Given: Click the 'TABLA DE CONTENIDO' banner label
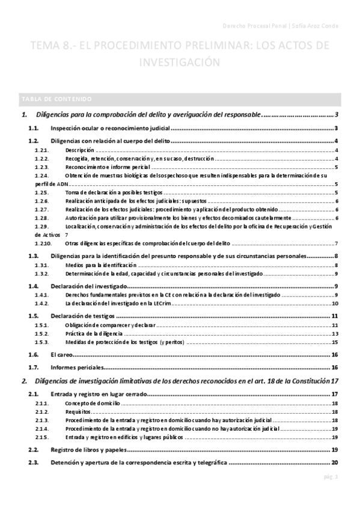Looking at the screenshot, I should coord(56,99).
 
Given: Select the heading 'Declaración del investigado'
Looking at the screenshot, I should coord(89,286).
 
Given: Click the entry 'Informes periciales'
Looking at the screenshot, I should coord(77,367).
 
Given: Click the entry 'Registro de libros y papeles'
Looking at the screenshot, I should coord(89,450).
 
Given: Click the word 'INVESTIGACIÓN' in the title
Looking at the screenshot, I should coord(180,62).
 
